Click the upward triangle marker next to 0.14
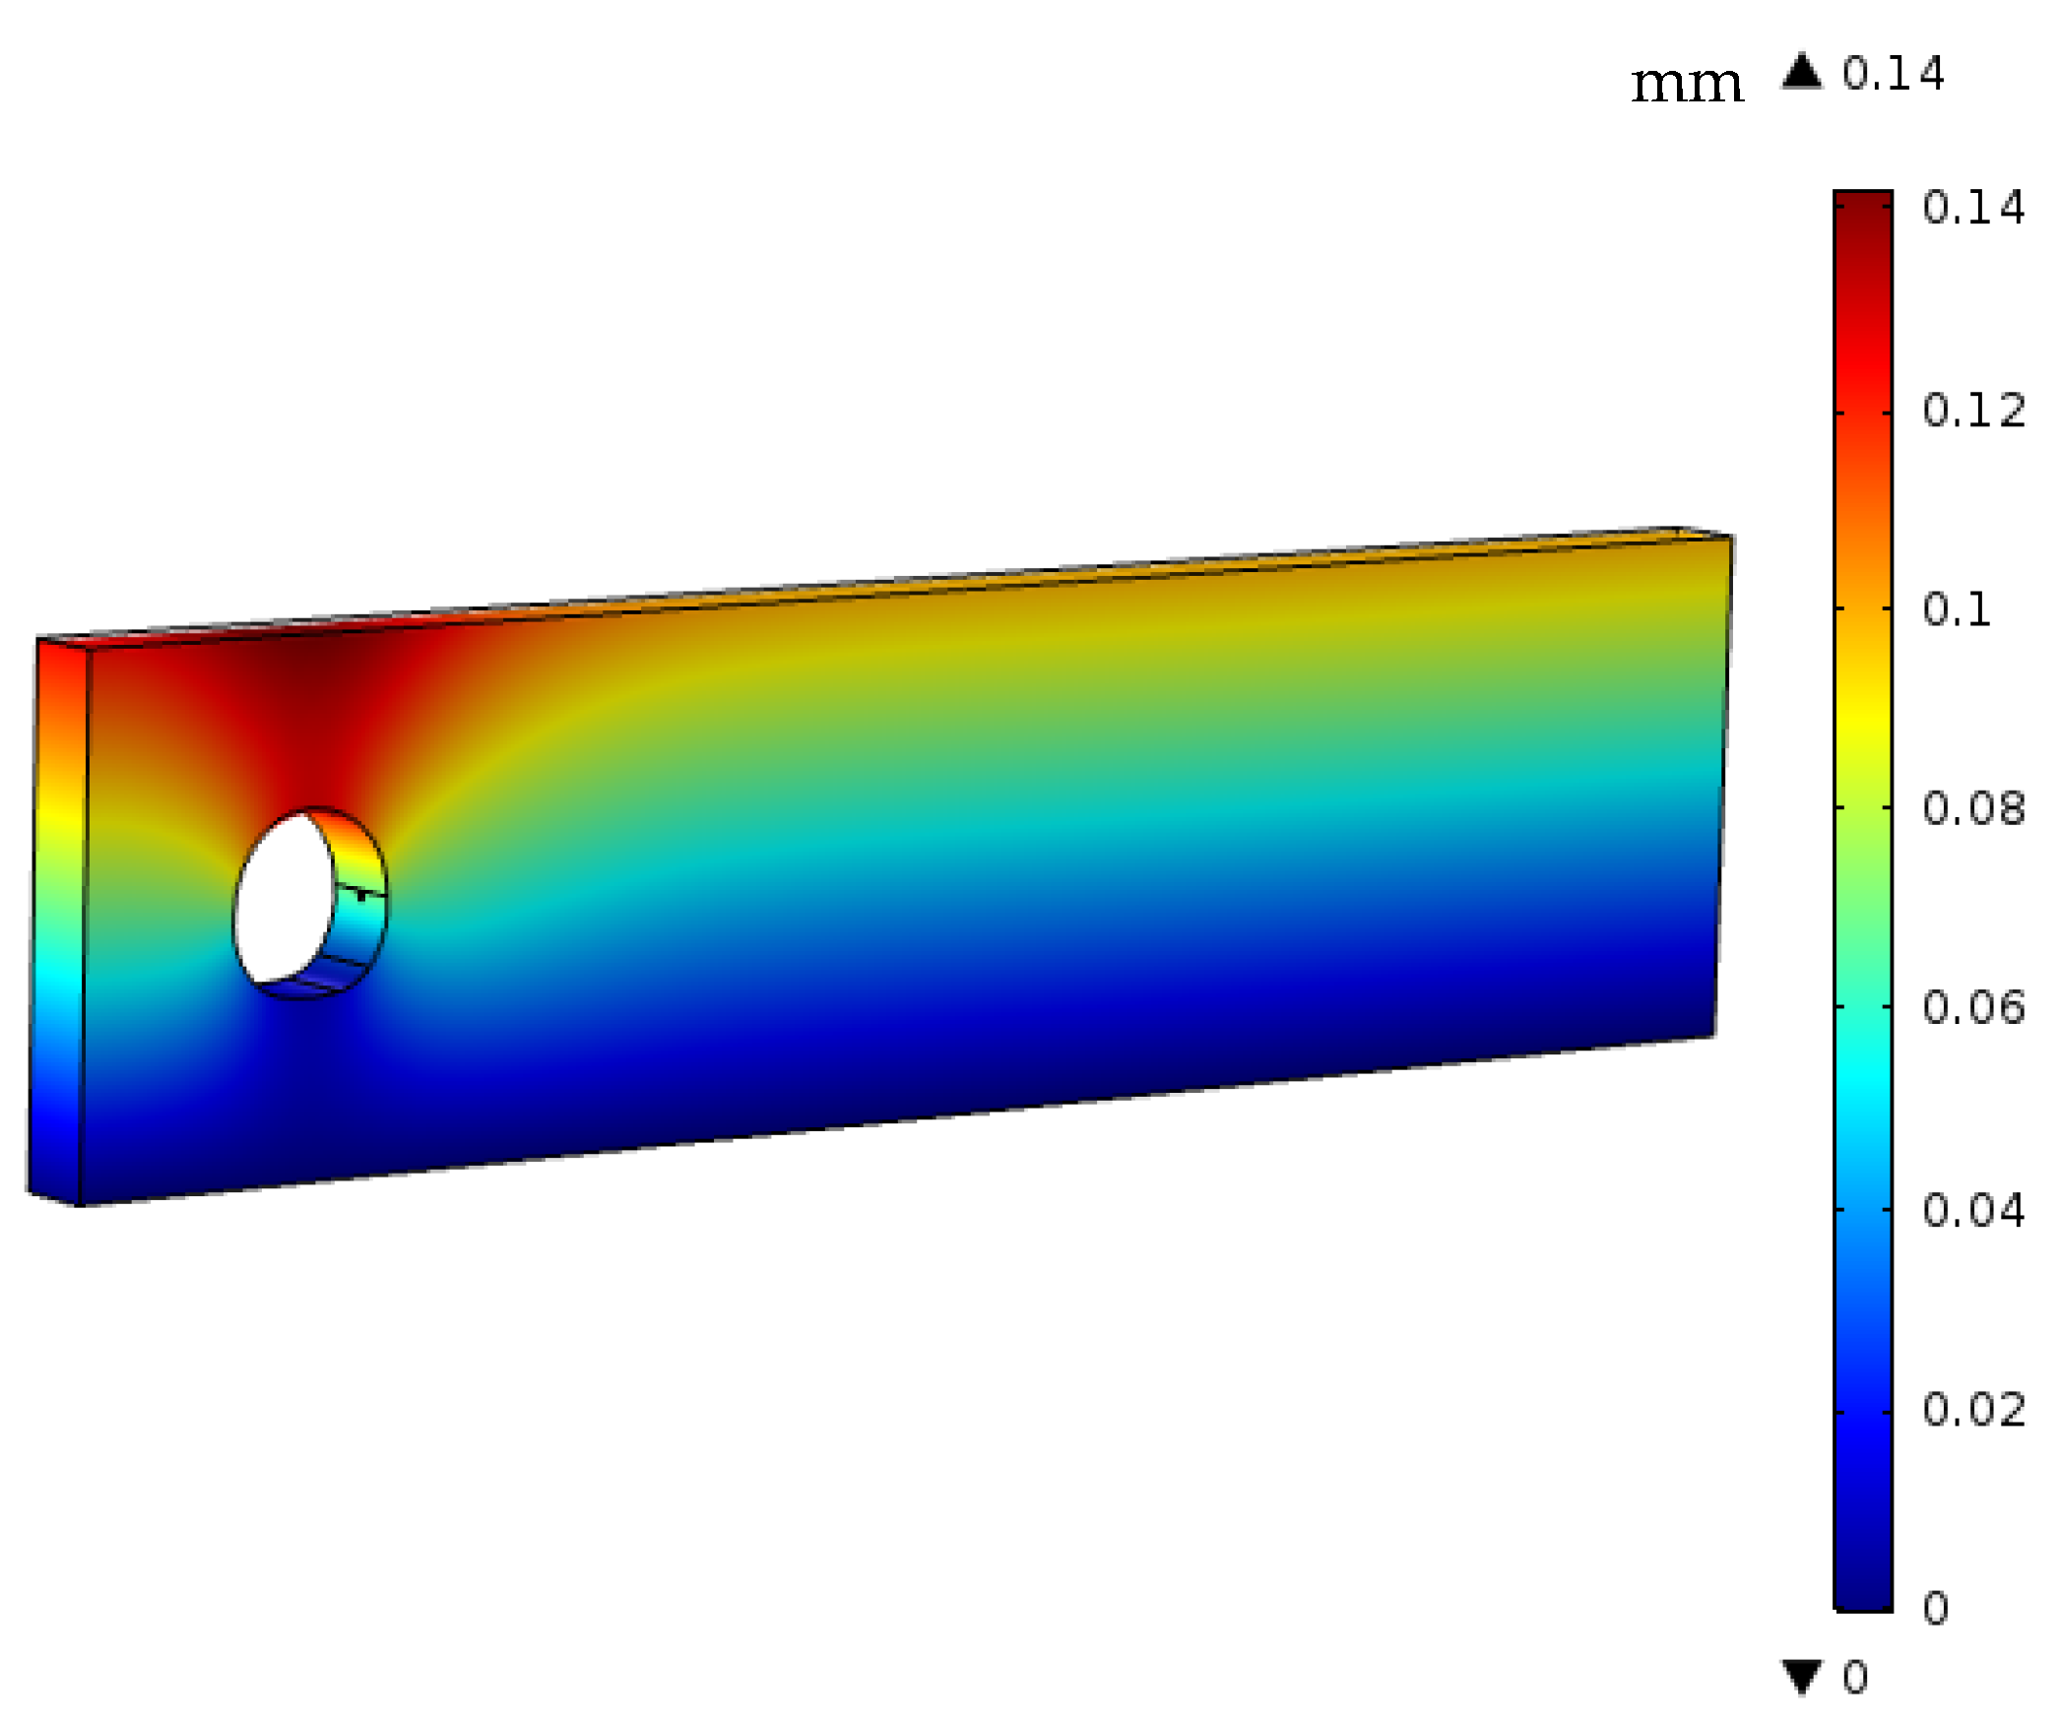pyautogui.click(x=1801, y=72)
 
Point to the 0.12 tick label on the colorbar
pyautogui.click(x=1972, y=411)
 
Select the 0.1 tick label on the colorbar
pyautogui.click(x=1956, y=610)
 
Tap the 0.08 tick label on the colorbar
pyautogui.click(x=1972, y=808)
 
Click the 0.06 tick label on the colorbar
pyautogui.click(x=1972, y=1007)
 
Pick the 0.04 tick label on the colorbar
pyautogui.click(x=1972, y=1210)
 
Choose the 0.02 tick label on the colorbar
pyautogui.click(x=1972, y=1410)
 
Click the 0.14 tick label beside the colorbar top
pyautogui.click(x=1972, y=208)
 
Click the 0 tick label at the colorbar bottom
pyautogui.click(x=1935, y=1609)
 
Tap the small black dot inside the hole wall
pyautogui.click(x=361, y=896)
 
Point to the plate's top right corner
pyautogui.click(x=1731, y=538)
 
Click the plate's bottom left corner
pyautogui.click(x=79, y=1204)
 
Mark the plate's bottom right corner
pyautogui.click(x=1714, y=1036)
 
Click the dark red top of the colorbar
pyautogui.click(x=1862, y=212)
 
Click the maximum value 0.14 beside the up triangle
pyautogui.click(x=1893, y=74)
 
